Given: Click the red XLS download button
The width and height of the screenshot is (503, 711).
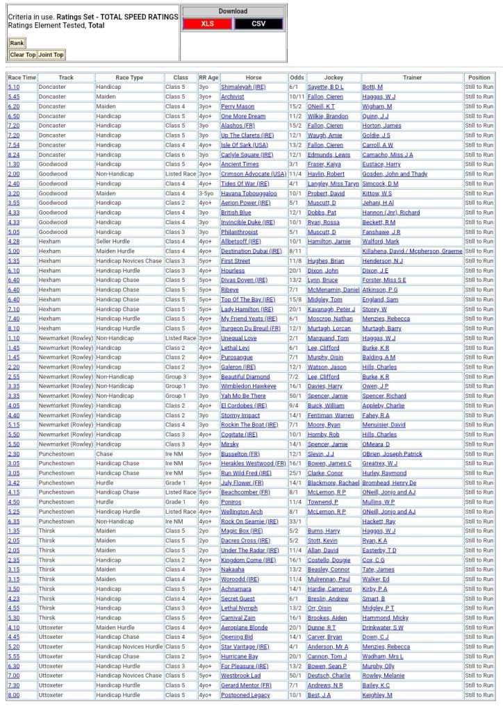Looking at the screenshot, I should [207, 24].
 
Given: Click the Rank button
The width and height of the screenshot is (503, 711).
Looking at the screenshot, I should [17, 43].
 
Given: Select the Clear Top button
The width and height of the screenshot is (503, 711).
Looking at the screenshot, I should [22, 55].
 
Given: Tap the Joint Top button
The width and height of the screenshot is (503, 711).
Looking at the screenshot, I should [51, 55].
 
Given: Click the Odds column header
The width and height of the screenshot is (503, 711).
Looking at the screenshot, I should [297, 78].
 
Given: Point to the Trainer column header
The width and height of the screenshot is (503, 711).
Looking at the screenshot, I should [412, 78].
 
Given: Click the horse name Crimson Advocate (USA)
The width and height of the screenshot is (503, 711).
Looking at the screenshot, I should [254, 174].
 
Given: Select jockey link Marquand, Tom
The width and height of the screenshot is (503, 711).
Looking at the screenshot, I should [328, 338].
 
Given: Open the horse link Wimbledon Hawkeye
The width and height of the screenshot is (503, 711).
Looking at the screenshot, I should [248, 386].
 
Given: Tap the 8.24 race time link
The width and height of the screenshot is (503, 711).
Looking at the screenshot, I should [14, 155].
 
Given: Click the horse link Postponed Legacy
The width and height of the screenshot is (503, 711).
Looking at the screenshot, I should [245, 695].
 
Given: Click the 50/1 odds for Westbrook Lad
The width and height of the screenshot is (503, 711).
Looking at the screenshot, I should [296, 676].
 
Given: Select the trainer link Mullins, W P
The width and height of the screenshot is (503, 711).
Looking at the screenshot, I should [379, 502].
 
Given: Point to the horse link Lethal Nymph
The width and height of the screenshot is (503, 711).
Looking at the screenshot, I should [239, 608].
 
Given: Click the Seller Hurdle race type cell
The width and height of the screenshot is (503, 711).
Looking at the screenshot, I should [113, 242].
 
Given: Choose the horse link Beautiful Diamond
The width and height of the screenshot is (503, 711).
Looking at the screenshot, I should [245, 376].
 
